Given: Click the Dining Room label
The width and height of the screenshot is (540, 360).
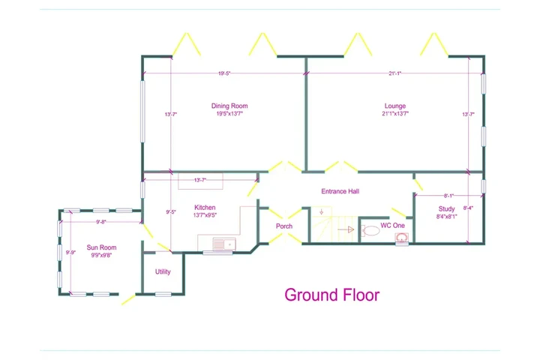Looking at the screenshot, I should (229, 106).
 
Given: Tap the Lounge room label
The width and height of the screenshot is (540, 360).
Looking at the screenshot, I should (395, 106).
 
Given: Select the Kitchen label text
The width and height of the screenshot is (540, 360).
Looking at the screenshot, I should (205, 207).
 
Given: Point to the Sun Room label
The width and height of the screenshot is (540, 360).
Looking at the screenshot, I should (101, 247).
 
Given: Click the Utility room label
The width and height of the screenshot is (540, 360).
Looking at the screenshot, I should (163, 271).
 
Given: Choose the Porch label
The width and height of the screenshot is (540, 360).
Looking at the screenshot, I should (284, 226).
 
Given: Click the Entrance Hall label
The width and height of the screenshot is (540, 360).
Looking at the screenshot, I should (340, 191).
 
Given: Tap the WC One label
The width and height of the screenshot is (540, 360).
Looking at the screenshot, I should (392, 225).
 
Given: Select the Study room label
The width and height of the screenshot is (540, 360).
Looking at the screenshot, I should (446, 209).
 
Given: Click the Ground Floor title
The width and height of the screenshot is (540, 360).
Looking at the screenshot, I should (331, 295).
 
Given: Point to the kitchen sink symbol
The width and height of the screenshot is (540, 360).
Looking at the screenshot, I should (222, 244).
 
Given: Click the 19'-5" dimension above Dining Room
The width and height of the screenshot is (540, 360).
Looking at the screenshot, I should (224, 73).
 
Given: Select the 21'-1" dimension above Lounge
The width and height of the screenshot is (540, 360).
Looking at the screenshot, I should (394, 73).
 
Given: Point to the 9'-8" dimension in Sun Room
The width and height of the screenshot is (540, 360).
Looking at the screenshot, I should (101, 222).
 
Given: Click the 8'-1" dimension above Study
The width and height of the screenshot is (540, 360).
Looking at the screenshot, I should (448, 196).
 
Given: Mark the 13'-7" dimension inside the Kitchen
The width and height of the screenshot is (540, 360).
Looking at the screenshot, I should (199, 180).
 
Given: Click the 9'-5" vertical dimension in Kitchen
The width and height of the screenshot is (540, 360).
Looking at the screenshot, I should (170, 212).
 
